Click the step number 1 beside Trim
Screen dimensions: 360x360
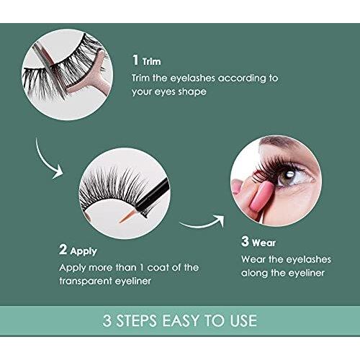[x=135, y=60]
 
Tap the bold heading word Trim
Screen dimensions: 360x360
[x=151, y=62]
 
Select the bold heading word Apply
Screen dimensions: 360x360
[x=84, y=252]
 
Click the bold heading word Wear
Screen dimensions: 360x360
[x=264, y=243]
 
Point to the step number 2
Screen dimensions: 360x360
[x=63, y=249]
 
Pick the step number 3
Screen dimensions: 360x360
[x=245, y=241]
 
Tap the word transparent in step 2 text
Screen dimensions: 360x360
[x=86, y=281]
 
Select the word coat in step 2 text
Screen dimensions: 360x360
[x=158, y=268]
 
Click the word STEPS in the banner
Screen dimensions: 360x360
[x=136, y=320]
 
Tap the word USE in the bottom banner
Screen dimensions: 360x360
[x=243, y=320]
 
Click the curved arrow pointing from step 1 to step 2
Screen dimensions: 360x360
[x=42, y=161]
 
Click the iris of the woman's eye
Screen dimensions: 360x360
[x=289, y=176]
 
